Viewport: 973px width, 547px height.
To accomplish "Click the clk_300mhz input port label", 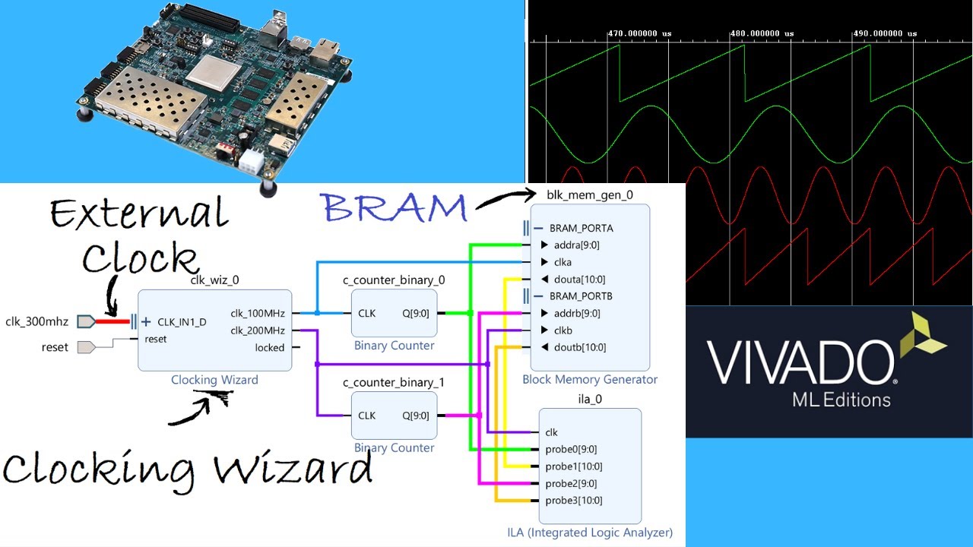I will point(36,321).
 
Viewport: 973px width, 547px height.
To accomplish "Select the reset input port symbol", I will point(86,347).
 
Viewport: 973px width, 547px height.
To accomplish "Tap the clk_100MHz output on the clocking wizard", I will point(257,313).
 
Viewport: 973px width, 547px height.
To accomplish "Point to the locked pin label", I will point(269,348).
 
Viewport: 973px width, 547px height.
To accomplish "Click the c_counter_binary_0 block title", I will point(394,280).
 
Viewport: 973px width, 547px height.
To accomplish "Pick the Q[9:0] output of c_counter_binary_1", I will point(415,416).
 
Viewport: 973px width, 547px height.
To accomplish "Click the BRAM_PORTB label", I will point(581,296).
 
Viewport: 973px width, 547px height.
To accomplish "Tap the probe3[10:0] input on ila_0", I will point(573,501).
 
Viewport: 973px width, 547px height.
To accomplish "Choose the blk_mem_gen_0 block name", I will point(590,194).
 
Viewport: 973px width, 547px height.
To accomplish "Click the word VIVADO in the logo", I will point(801,363).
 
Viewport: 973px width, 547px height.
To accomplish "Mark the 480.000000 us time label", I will point(761,33).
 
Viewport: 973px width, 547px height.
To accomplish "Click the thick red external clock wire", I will point(113,321).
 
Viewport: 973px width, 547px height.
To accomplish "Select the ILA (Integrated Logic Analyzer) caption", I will point(590,533).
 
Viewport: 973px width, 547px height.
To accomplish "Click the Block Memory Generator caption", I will point(590,379).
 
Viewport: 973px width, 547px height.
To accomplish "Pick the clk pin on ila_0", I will point(551,432).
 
